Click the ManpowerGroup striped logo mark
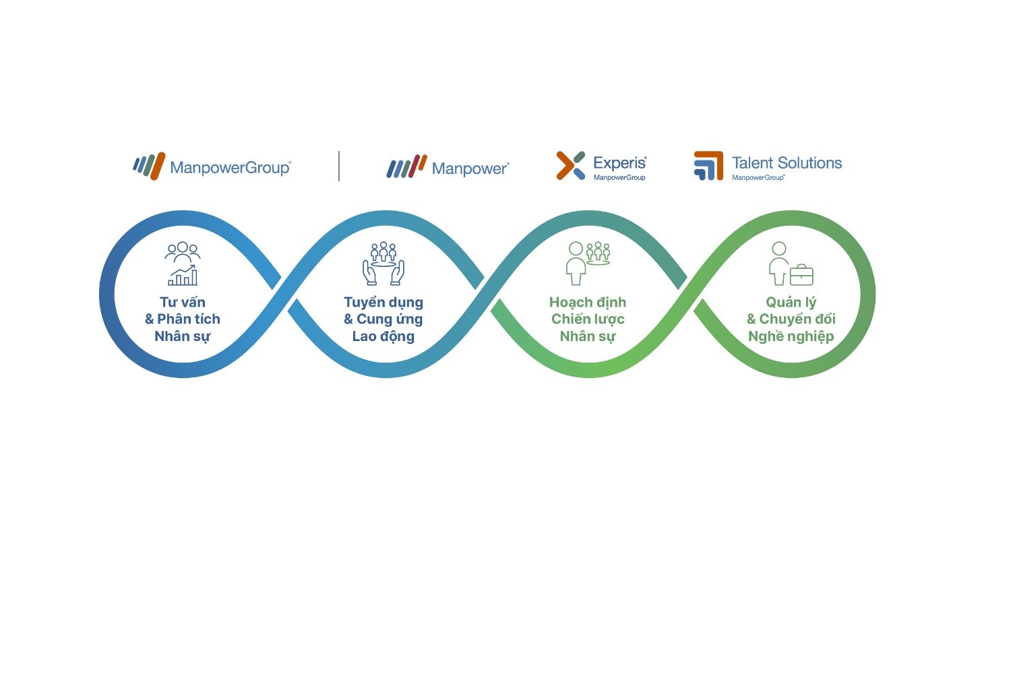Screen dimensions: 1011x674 coord(149,166)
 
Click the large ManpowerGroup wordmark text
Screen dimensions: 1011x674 coord(231,168)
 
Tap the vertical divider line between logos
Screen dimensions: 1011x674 coord(339,166)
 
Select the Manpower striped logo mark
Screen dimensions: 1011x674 coord(406,166)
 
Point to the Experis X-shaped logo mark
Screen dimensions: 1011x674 coord(570,165)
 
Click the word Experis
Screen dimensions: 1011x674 coord(619,163)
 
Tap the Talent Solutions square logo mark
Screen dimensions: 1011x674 coord(708,166)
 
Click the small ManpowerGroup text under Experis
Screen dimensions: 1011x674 coord(619,177)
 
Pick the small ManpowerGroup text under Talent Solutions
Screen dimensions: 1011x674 coord(758,177)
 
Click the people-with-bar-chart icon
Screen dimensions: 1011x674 coord(183,264)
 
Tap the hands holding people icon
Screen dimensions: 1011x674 coord(384,264)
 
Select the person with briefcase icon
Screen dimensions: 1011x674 coord(791,264)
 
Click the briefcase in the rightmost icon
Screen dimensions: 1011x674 coord(801,275)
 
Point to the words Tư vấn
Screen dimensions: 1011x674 coord(183,302)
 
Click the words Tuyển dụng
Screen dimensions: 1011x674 coord(384,303)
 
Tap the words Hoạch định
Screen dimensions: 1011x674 coord(588,303)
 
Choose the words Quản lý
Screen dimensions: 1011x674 coord(791,303)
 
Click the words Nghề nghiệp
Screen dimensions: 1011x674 coord(791,337)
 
